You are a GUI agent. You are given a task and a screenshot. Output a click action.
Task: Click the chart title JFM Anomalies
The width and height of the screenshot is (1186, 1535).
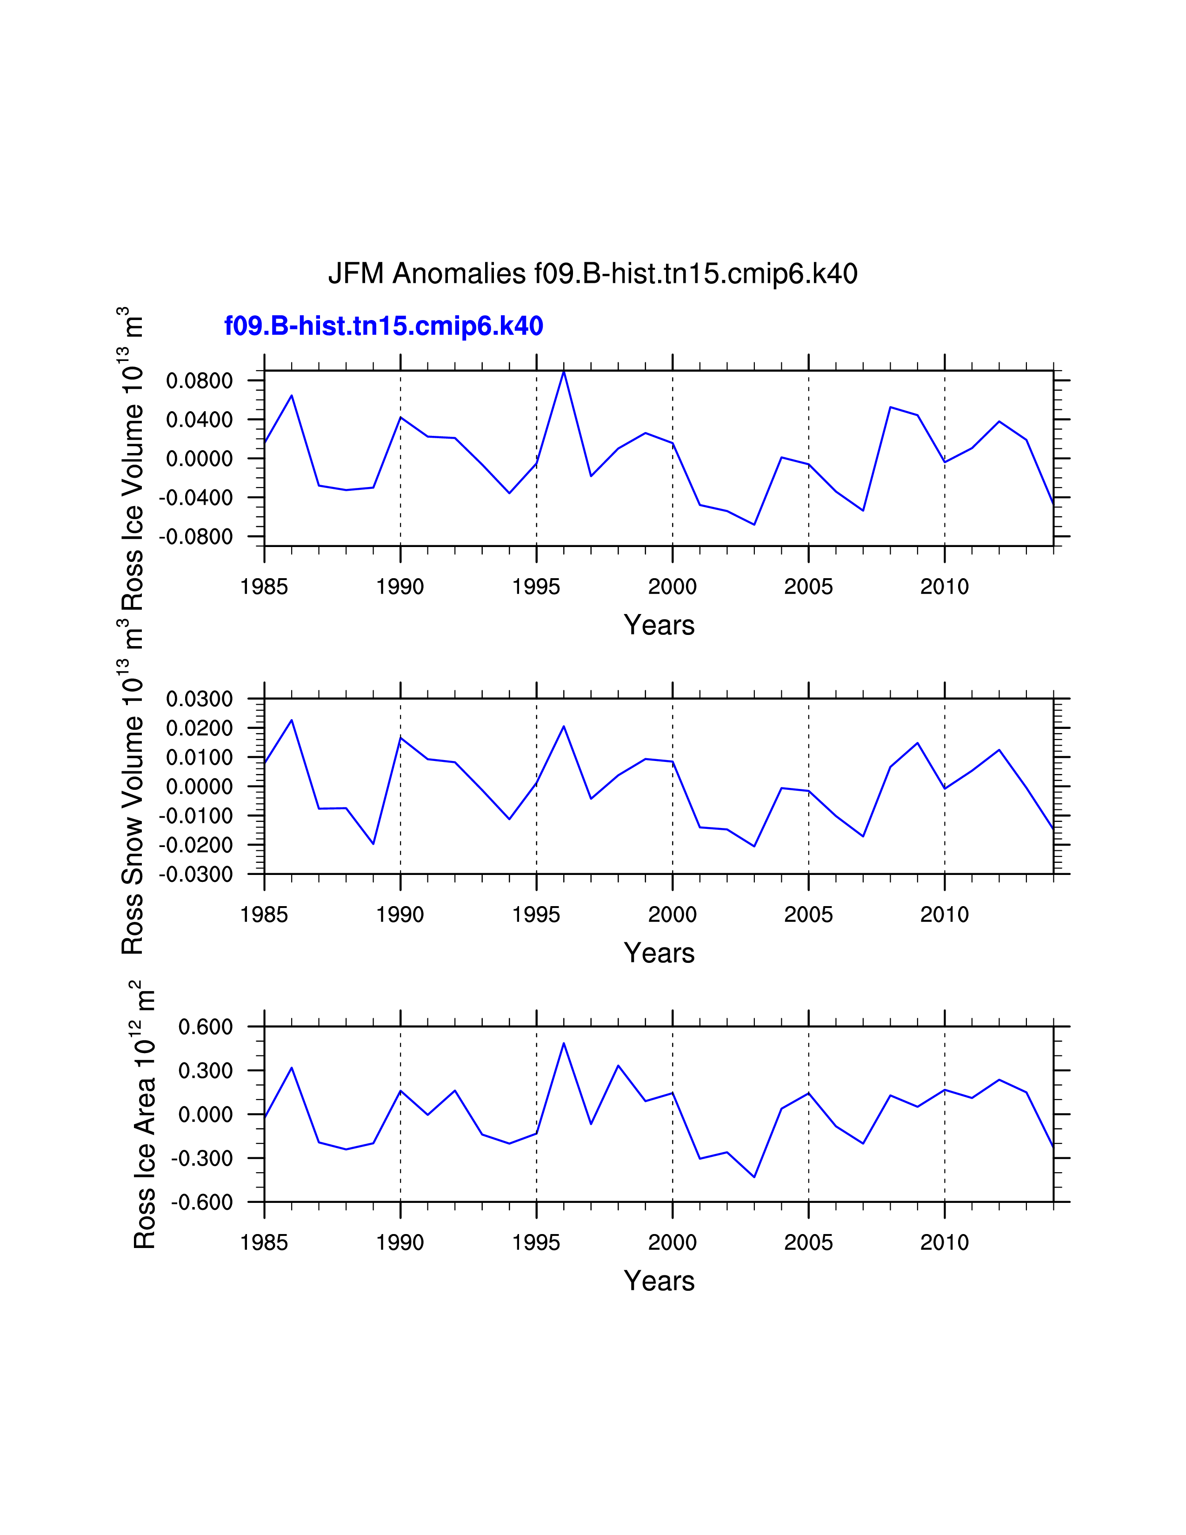[x=592, y=274]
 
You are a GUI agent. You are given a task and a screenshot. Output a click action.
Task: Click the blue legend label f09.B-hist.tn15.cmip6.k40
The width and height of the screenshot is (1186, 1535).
[x=384, y=326]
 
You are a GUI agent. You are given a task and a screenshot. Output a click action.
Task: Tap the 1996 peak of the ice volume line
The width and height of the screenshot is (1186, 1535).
[x=564, y=371]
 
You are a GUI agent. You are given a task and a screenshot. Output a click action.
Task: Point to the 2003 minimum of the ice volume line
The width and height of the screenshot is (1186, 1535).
[x=754, y=524]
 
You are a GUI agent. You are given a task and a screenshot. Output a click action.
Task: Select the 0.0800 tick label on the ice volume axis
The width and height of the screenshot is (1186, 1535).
[x=199, y=381]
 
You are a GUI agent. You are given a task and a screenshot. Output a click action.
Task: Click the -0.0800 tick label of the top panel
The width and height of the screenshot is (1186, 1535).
[x=195, y=537]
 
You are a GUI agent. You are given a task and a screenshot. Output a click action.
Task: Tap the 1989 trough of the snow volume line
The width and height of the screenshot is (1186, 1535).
[x=373, y=843]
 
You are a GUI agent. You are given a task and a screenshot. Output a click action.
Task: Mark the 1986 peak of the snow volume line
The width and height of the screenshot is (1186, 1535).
[x=292, y=720]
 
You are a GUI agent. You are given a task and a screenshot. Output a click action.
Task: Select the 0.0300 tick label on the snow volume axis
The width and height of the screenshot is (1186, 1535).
[x=199, y=699]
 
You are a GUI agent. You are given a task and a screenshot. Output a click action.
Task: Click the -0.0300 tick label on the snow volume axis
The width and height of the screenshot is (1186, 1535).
[x=195, y=874]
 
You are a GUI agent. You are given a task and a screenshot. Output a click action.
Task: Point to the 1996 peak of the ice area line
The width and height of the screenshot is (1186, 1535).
[x=564, y=1043]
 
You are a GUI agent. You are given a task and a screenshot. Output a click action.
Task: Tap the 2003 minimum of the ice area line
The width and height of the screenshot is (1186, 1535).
[x=754, y=1176]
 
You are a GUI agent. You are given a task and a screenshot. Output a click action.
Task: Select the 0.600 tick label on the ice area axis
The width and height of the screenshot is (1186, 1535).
[x=205, y=1027]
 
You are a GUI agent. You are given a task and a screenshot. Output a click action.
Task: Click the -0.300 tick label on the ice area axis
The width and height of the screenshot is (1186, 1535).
[x=202, y=1158]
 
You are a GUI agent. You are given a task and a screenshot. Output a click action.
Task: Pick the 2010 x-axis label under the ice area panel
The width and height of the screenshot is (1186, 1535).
[x=944, y=1242]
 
